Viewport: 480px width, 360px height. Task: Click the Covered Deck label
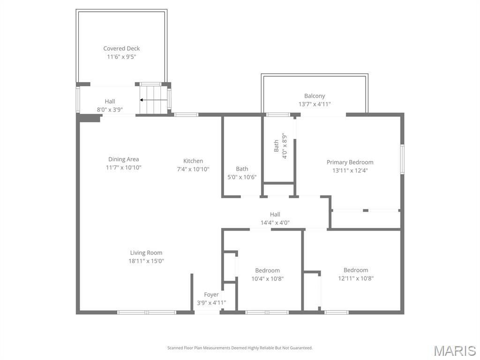pos(121,48)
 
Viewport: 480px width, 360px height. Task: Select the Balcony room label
pos(315,96)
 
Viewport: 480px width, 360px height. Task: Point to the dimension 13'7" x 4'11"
pos(315,104)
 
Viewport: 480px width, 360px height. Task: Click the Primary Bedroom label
pos(350,162)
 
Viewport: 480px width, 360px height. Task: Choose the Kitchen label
pos(193,161)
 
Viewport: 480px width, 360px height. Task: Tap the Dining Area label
pos(123,159)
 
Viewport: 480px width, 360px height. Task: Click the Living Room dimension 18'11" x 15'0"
pos(147,261)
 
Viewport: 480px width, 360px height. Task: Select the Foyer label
pos(211,294)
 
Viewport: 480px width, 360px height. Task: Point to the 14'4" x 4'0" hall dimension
pos(275,223)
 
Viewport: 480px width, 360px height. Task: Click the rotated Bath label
pos(276,146)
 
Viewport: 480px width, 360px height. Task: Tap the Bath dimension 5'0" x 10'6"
pos(242,177)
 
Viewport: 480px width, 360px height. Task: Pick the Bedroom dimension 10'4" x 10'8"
pos(267,278)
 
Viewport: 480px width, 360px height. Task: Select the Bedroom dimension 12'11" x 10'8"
pos(355,278)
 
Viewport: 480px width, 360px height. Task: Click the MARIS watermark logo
pos(454,350)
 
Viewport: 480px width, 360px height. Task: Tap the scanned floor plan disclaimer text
pos(240,348)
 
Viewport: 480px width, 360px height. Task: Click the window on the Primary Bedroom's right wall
pos(402,159)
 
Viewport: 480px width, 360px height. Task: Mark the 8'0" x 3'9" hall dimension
pos(110,110)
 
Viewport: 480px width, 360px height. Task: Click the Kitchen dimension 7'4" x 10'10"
pos(193,169)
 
